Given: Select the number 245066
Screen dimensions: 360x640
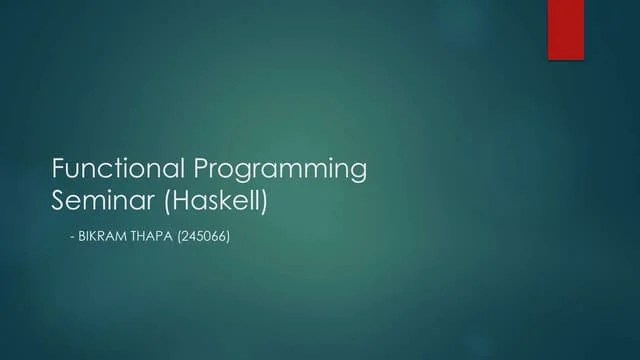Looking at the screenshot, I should click(x=206, y=241).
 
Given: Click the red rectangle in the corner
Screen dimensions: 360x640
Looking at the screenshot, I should click(x=565, y=29).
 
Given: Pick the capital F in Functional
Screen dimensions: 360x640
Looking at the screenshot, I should click(x=58, y=167).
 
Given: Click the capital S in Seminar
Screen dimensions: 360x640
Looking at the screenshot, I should click(x=58, y=199).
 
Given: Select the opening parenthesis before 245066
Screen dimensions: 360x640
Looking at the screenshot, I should click(x=181, y=241).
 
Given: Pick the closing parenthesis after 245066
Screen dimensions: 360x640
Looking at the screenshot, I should click(x=230, y=241).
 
